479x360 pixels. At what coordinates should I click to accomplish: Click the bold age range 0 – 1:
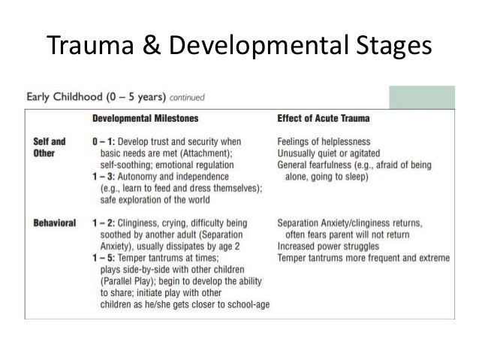point(104,140)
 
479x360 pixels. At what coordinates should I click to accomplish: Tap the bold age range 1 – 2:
point(104,223)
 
